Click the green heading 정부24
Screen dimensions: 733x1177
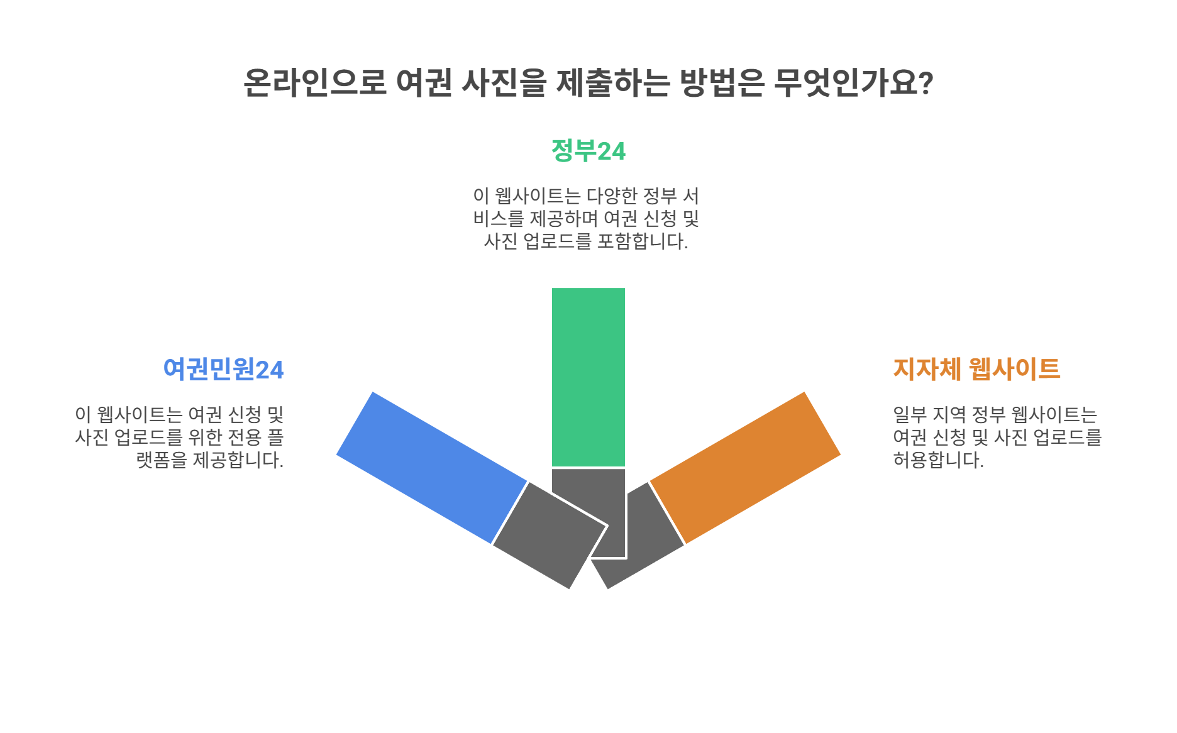(588, 152)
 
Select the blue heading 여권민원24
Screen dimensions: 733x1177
(223, 370)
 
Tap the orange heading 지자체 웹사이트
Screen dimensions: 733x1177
(976, 369)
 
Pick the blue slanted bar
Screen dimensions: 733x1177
(431, 467)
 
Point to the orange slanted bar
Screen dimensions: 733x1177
(745, 467)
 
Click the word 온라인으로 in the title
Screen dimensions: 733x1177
(314, 82)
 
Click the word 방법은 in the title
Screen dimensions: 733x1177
(722, 82)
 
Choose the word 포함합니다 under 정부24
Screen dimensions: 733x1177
(641, 241)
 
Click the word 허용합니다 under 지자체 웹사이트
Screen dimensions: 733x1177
(937, 460)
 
